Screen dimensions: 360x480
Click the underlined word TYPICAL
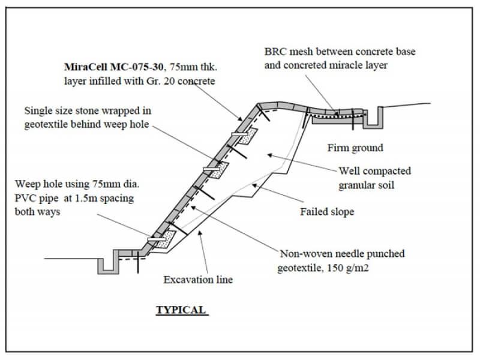click(181, 310)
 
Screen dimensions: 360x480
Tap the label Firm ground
click(355, 148)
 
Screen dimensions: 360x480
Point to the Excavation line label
click(198, 279)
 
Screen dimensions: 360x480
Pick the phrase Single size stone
click(63, 110)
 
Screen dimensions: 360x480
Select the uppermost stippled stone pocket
click(247, 136)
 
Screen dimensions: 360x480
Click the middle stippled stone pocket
click(217, 169)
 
